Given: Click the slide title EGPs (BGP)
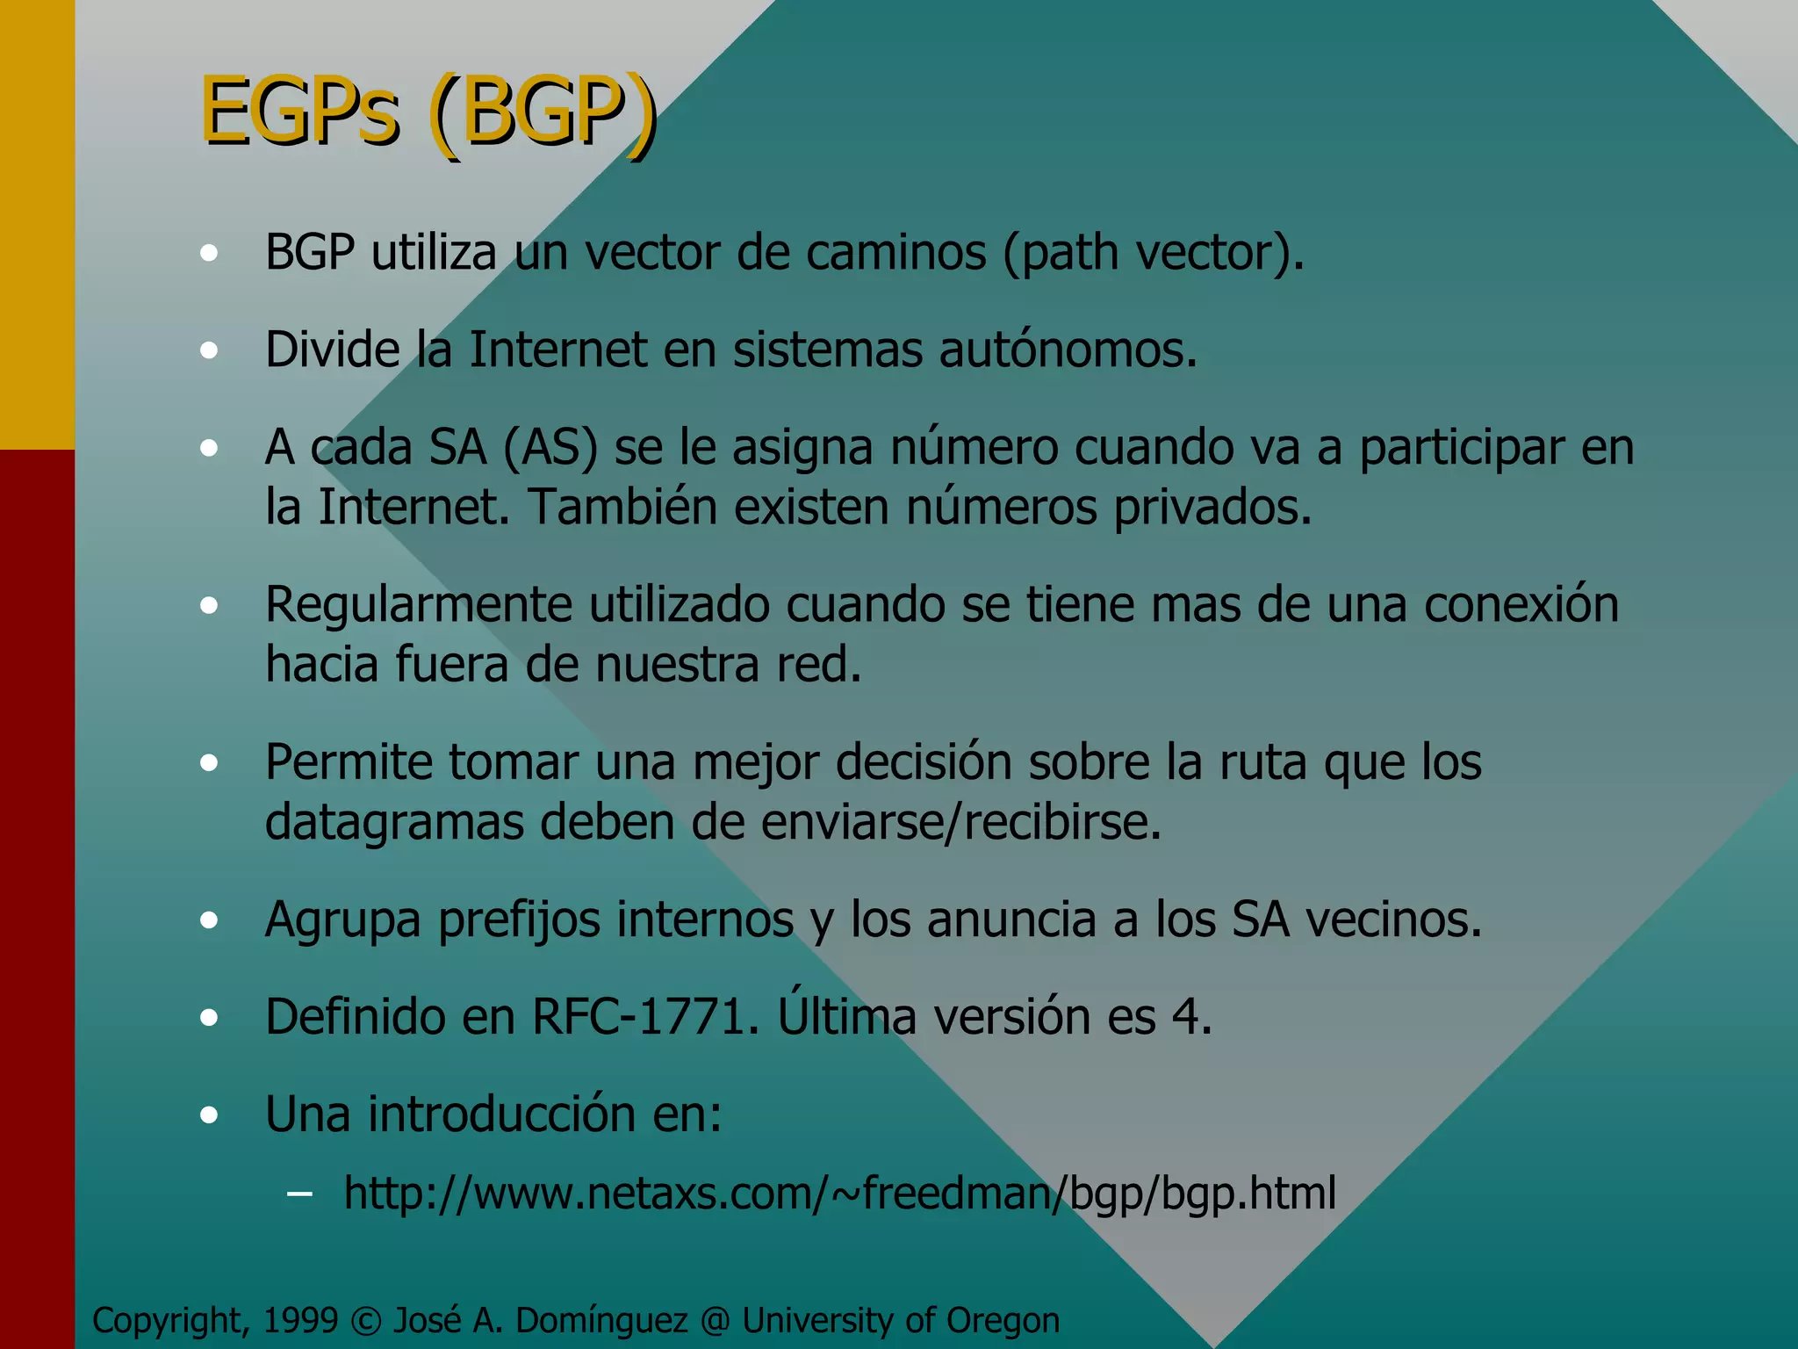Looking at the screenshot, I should tap(428, 112).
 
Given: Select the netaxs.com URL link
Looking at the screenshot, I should tap(839, 1193).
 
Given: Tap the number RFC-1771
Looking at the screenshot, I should tap(644, 1016).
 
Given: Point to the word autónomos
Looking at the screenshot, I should tap(1068, 350).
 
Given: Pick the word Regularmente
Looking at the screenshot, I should tap(419, 605).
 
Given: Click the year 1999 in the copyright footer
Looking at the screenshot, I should tap(300, 1320).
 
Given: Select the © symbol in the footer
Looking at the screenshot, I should tap(365, 1321).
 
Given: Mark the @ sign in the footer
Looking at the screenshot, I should tap(715, 1321).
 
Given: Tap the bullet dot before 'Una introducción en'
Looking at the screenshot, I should tap(209, 1115).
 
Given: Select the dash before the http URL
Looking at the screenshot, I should tap(299, 1194).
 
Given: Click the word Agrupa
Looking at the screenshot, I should tap(343, 921).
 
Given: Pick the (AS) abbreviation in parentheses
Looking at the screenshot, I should tap(550, 448).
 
